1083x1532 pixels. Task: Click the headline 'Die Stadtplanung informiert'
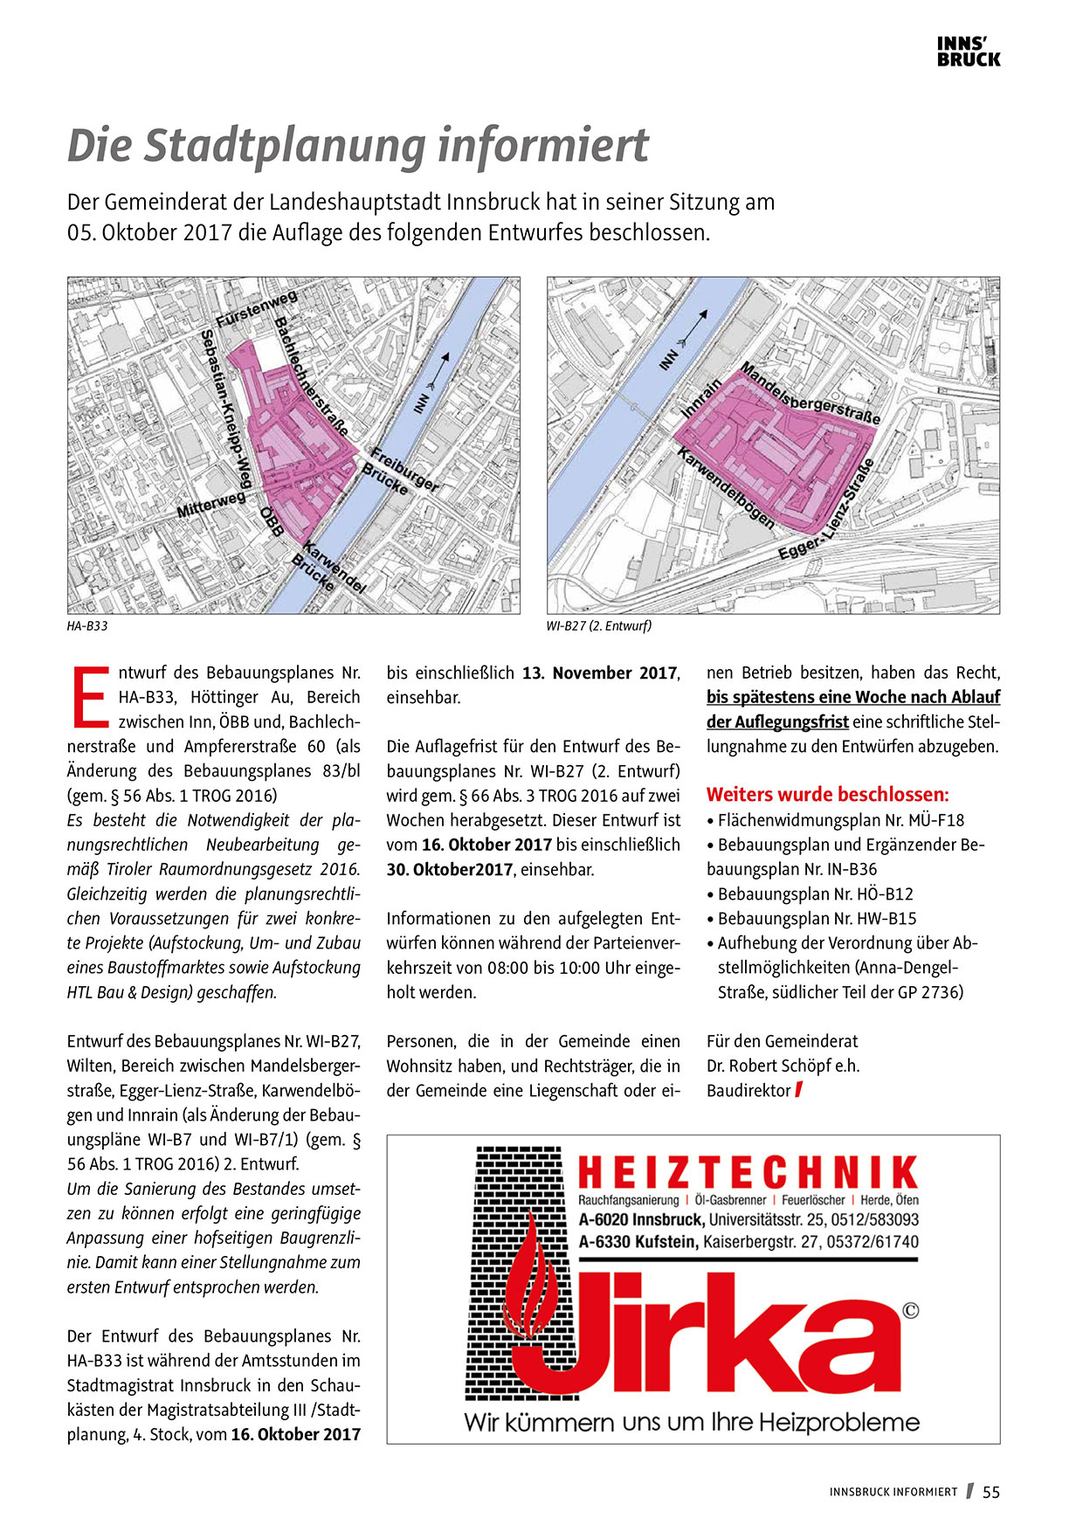pos(358,146)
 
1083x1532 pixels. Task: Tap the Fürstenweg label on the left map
pos(257,310)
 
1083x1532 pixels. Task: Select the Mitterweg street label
pos(211,504)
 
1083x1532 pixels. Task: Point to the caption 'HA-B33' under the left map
pos(87,626)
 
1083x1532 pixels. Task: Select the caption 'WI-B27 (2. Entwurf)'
pos(599,626)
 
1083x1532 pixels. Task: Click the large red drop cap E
pos(90,697)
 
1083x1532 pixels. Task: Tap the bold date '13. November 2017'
pos(600,673)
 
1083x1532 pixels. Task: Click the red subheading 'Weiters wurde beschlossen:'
pos(827,795)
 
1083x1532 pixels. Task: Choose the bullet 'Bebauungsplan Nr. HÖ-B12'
pos(815,894)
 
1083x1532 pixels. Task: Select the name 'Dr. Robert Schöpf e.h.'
pos(783,1066)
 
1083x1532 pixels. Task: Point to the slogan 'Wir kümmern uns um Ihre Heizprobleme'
pos(692,1423)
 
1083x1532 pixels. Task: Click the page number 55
pos(991,1493)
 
